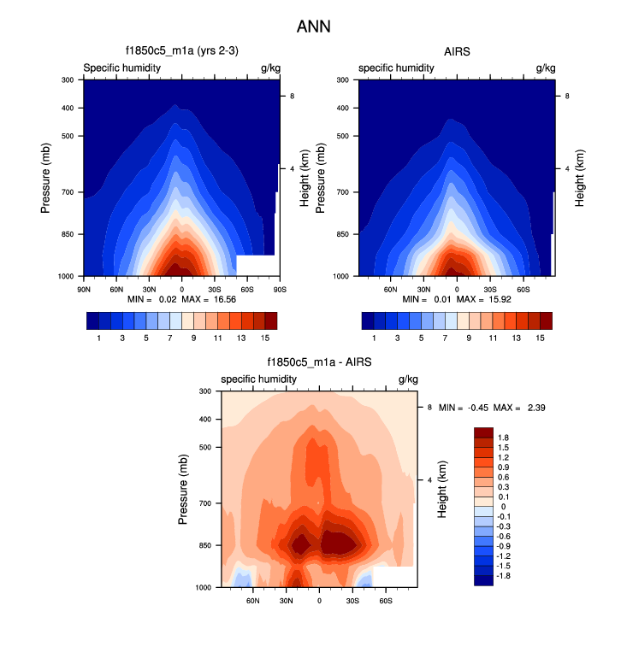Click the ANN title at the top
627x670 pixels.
313,26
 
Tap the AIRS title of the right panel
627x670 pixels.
458,52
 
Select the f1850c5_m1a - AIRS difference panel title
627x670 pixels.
319,363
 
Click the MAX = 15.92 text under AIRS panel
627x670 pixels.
476,299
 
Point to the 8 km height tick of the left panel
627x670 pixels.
293,97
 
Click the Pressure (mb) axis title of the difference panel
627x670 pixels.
184,489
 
